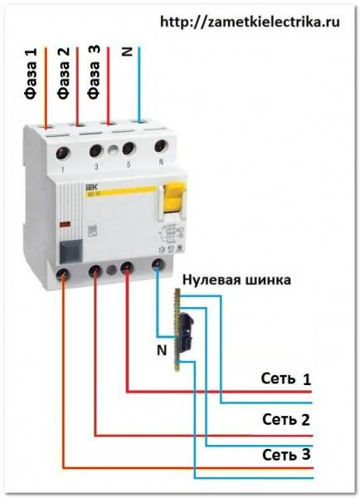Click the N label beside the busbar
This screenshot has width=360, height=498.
point(162,349)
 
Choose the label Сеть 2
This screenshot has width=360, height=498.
point(285,417)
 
